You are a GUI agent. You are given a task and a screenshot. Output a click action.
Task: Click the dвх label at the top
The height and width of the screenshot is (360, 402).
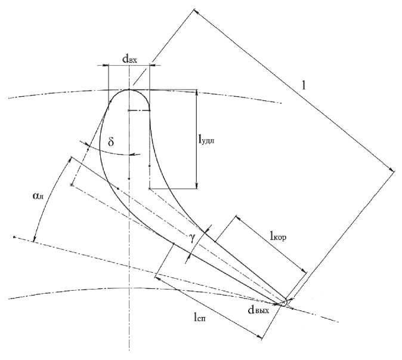coord(130,59)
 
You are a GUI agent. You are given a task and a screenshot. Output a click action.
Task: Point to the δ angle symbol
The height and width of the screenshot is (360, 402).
coord(110,144)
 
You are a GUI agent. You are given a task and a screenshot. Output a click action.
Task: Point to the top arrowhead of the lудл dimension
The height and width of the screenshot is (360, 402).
coord(197,93)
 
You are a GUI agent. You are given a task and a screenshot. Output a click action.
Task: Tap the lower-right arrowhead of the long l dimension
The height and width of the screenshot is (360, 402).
coord(392,171)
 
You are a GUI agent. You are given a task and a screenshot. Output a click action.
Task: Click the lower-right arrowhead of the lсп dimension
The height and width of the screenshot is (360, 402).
coord(260,338)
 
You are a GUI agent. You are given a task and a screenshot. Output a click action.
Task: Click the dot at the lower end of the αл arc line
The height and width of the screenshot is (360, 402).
coord(14,236)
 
